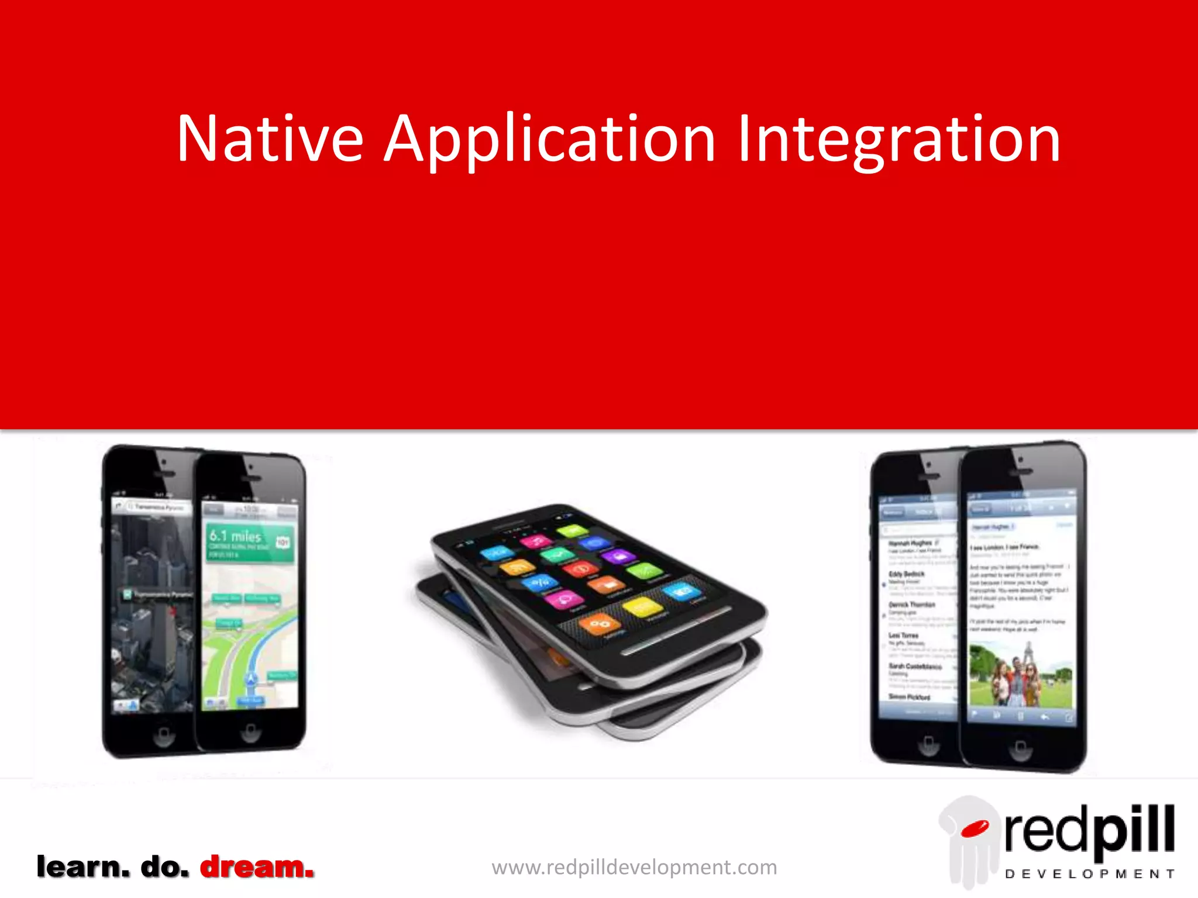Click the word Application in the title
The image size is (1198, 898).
(x=549, y=140)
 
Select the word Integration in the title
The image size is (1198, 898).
(x=898, y=140)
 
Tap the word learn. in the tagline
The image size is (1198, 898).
(x=83, y=866)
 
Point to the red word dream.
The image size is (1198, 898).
(x=257, y=866)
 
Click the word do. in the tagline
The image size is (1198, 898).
(x=165, y=866)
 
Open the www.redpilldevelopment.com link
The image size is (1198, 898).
(x=634, y=867)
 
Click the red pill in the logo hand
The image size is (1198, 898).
(x=975, y=828)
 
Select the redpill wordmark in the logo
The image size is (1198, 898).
(x=1089, y=830)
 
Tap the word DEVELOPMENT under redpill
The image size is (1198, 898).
(x=1089, y=874)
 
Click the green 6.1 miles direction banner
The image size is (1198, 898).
(x=249, y=544)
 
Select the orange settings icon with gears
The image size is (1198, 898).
(x=599, y=624)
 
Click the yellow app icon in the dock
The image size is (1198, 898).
(x=642, y=607)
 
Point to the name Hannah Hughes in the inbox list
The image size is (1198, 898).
(x=910, y=543)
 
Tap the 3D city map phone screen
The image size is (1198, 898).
(x=152, y=608)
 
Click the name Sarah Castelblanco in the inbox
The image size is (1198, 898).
(x=915, y=666)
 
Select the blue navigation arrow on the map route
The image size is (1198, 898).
(x=251, y=679)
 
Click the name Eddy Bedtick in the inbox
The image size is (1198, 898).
(x=906, y=574)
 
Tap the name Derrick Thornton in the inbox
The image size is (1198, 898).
(x=912, y=605)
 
